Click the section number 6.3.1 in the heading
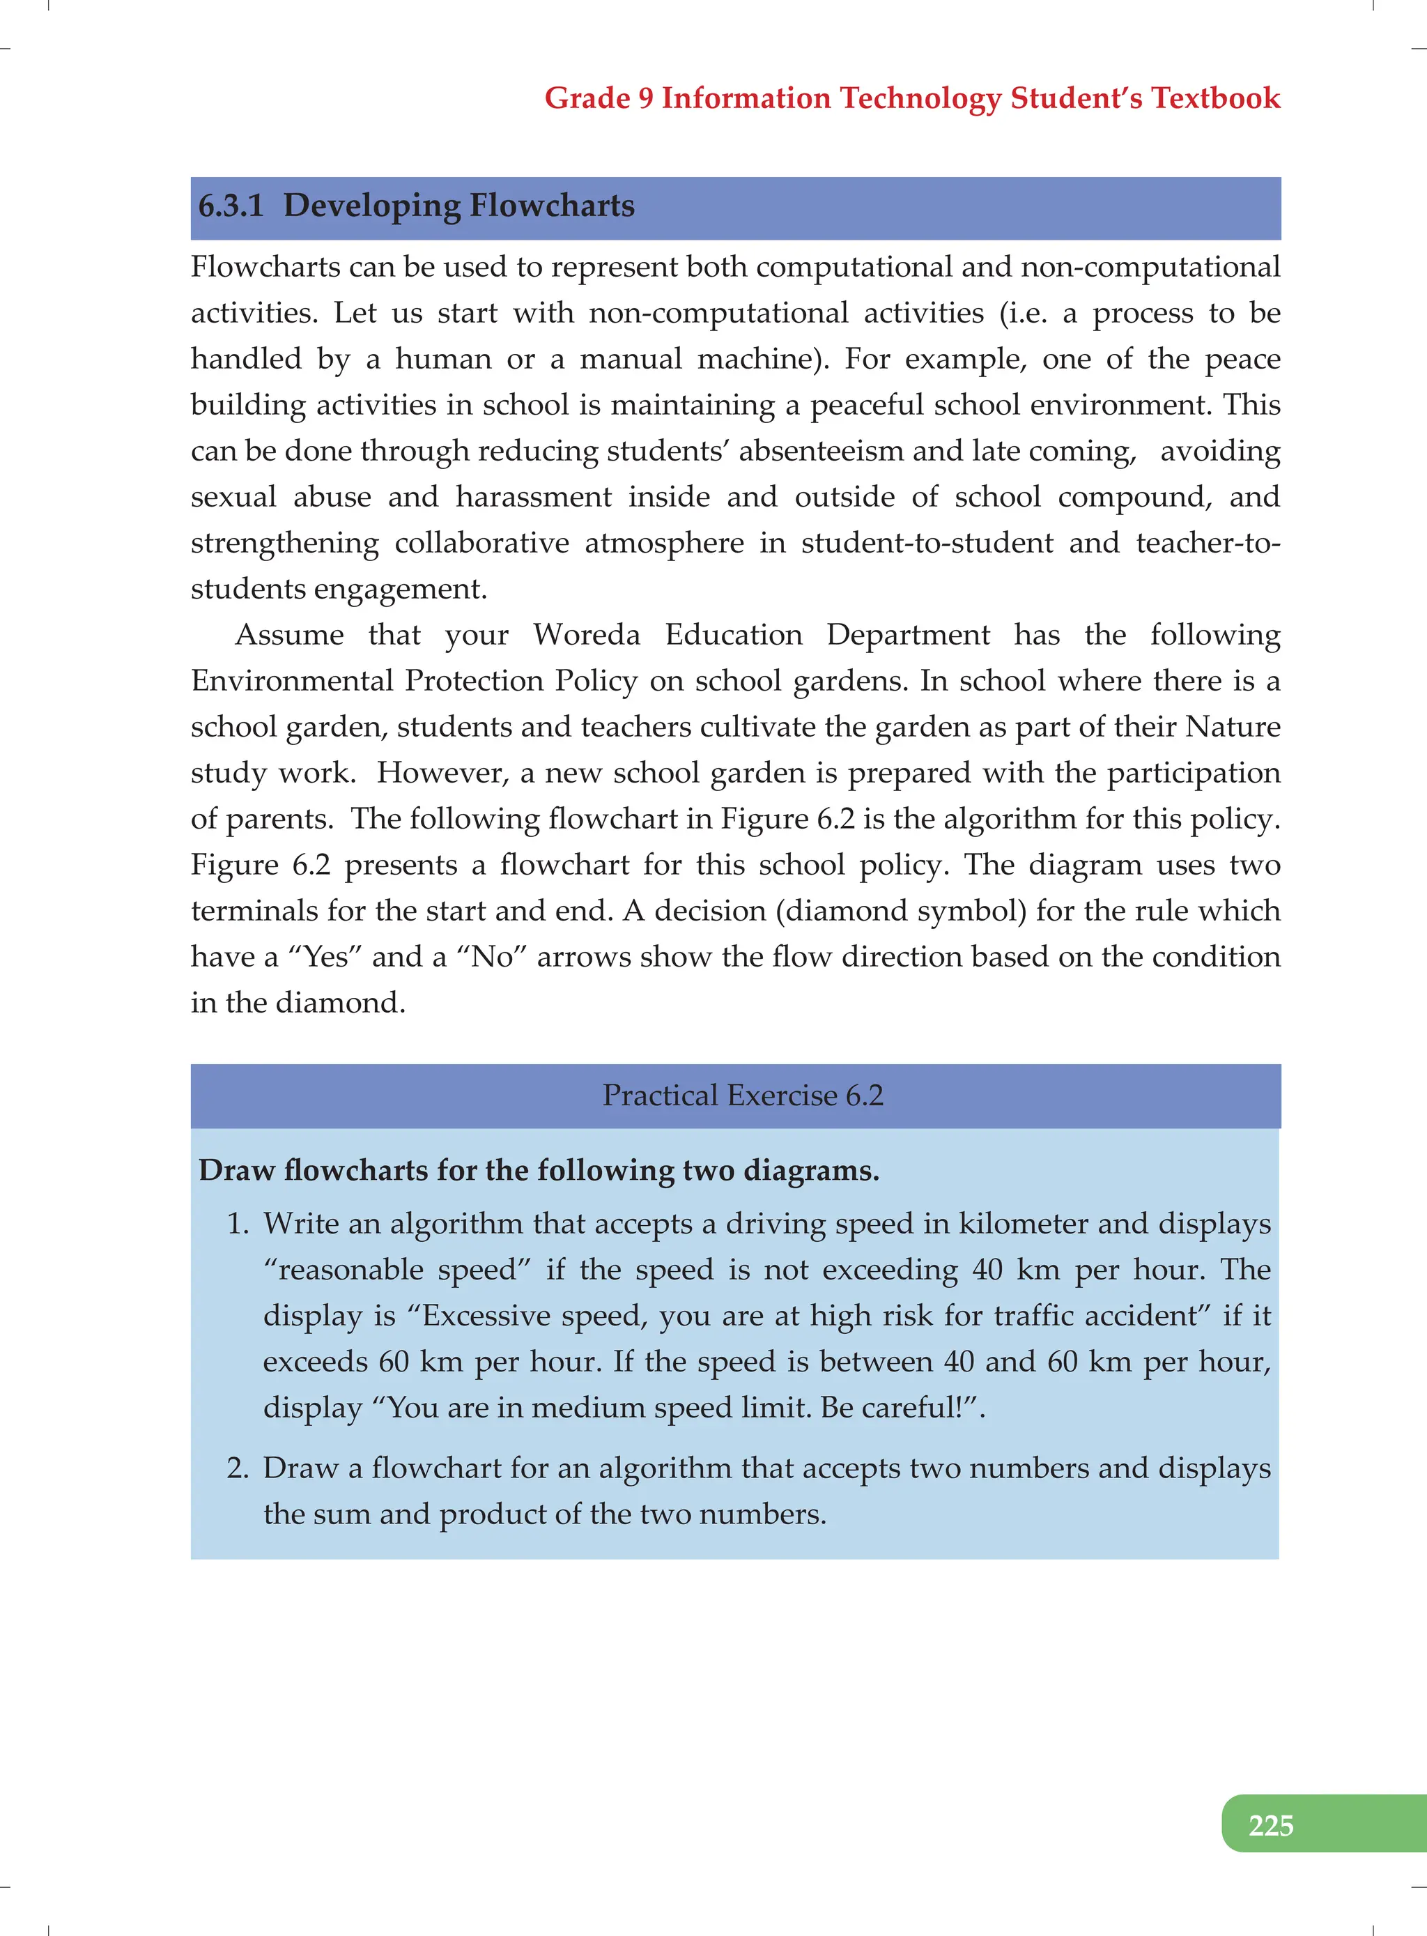tap(231, 206)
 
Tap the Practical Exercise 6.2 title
tap(742, 1096)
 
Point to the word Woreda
tap(587, 635)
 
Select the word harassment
tap(534, 497)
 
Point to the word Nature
tap(1232, 727)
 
